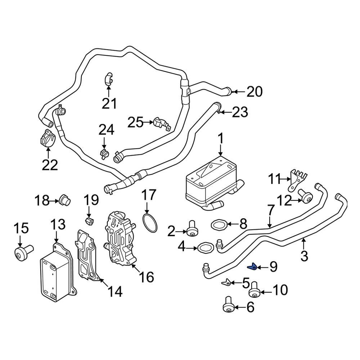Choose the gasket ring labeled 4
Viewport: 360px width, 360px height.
coord(205,248)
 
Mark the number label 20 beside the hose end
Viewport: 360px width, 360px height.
coord(254,92)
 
